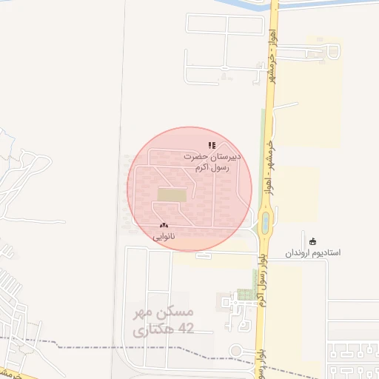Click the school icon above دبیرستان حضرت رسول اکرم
(x=211, y=146)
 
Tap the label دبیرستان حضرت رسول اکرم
(x=207, y=163)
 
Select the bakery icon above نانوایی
(x=164, y=225)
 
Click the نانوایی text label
(x=164, y=237)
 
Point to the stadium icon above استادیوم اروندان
(x=312, y=241)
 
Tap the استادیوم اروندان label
(x=313, y=253)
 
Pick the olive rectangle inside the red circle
(x=172, y=195)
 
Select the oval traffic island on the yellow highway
(x=265, y=221)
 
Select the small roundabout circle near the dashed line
(x=237, y=351)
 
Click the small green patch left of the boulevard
(x=244, y=294)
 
